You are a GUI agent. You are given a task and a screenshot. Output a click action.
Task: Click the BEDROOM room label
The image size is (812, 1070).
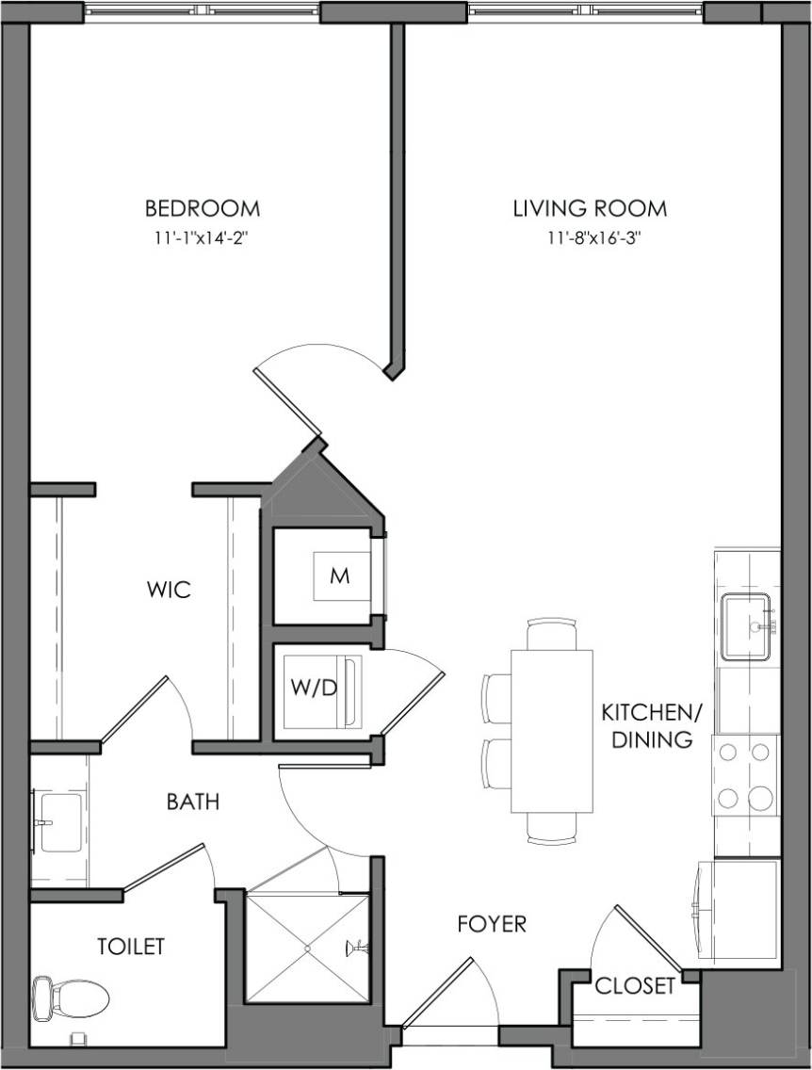202,208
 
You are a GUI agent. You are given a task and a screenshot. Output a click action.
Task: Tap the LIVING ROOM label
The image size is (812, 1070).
590,208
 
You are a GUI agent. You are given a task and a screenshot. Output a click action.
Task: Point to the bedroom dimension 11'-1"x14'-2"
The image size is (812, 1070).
202,238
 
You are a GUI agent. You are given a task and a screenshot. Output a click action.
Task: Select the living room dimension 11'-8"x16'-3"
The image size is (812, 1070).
591,238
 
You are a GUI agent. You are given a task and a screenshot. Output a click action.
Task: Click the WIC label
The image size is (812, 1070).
169,591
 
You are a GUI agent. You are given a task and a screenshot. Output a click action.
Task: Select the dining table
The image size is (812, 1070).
552,730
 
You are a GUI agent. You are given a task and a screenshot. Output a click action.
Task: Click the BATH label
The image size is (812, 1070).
193,802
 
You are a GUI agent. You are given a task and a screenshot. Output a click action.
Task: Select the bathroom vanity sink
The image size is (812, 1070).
58,821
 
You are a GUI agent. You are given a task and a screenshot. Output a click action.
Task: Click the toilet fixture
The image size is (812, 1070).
66,997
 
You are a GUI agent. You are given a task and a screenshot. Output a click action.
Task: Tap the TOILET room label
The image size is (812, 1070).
131,946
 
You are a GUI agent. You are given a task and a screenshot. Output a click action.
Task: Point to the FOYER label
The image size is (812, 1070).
493,924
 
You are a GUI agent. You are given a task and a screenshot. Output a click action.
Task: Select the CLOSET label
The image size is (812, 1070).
635,986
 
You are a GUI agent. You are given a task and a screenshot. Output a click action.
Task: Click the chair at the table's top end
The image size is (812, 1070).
552,634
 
